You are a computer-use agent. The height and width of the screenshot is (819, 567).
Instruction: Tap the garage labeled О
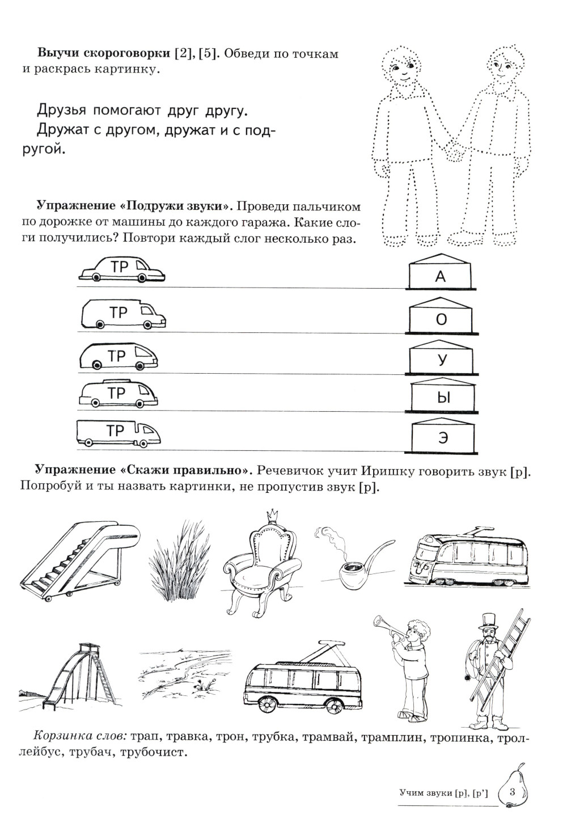(x=441, y=318)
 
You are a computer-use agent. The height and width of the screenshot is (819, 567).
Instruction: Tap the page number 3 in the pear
(x=512, y=792)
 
